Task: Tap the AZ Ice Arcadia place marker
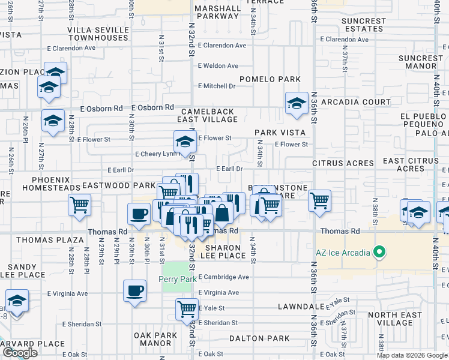pos(379,251)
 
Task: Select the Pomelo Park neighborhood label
pos(270,79)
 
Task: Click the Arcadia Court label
pos(356,102)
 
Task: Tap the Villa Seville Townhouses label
pos(97,34)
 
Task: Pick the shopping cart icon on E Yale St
pos(187,309)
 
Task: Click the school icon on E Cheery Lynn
pos(185,142)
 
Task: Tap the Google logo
pos(20,353)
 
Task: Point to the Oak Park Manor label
pos(153,339)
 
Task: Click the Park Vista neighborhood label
pos(280,133)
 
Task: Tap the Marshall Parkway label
pos(217,12)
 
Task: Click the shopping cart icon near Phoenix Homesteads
pos(79,205)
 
